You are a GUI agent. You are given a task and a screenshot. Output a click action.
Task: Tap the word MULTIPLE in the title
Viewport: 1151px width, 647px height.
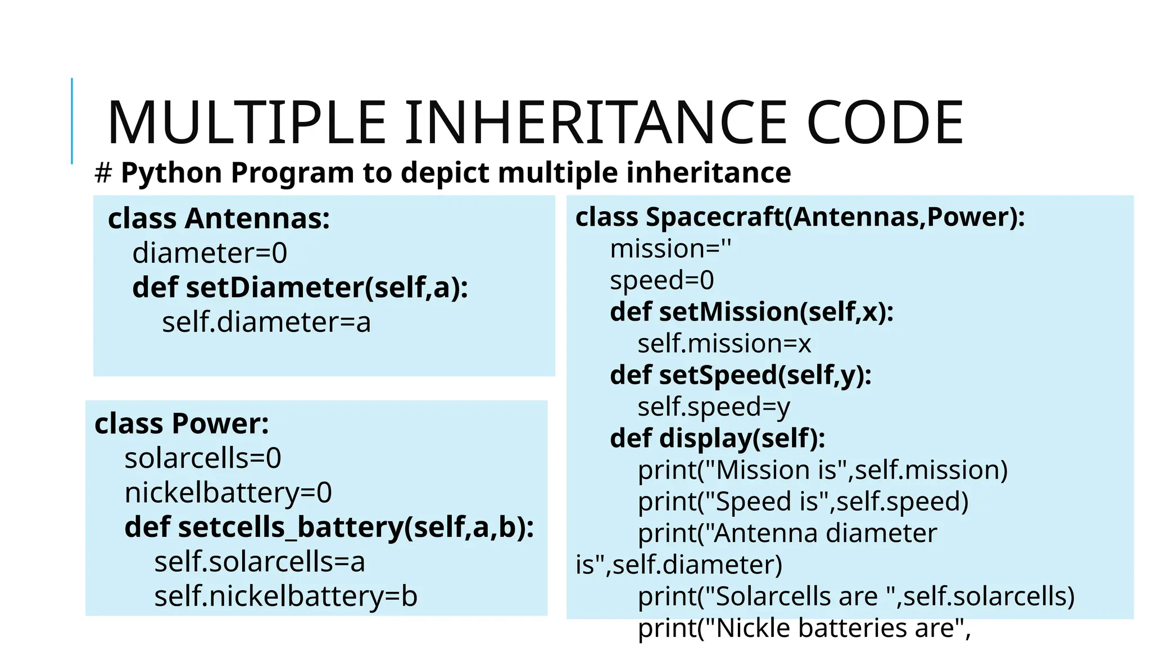246,122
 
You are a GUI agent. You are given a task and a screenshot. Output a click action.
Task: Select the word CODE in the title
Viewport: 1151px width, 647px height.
885,122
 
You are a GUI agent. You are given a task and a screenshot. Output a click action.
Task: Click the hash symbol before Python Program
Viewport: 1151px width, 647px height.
103,173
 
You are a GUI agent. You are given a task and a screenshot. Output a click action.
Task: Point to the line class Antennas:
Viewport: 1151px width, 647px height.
219,218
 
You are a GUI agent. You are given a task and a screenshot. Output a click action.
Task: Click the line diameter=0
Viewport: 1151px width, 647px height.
210,253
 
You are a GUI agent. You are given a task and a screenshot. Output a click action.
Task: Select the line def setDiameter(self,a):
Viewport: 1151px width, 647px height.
300,288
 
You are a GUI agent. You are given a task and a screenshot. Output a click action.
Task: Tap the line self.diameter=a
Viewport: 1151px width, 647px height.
266,322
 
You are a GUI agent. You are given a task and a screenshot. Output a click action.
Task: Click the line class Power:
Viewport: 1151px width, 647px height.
182,423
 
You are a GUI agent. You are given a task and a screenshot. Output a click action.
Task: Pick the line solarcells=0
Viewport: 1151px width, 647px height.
203,458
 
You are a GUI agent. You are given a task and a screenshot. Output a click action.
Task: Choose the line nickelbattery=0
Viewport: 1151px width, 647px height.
228,493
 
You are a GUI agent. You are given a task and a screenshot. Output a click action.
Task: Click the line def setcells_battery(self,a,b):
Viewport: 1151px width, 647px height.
329,527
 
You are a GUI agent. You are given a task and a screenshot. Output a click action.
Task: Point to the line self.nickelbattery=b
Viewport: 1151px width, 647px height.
286,596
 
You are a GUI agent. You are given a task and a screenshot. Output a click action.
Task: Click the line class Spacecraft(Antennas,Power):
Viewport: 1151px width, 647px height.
800,217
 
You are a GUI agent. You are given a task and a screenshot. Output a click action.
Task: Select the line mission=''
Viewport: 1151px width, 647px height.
670,249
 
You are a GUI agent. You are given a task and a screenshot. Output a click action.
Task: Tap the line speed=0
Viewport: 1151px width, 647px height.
661,280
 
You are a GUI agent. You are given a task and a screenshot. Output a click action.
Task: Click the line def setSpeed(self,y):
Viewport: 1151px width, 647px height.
741,375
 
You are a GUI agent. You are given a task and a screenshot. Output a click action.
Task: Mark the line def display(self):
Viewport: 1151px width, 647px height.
718,438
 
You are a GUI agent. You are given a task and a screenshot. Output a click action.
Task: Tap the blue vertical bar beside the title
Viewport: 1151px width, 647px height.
72,121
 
